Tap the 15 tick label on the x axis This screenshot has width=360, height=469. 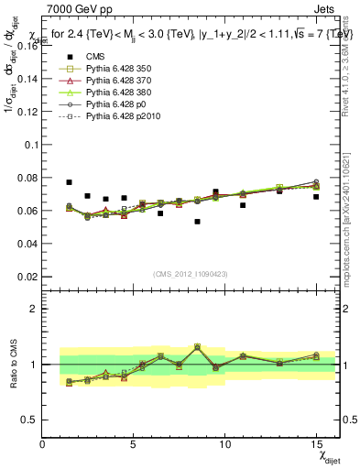[x=315, y=444]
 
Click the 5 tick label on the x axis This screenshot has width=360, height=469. [x=134, y=444]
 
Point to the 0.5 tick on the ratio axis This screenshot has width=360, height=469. [x=29, y=420]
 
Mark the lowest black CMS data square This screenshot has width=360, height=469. [x=197, y=222]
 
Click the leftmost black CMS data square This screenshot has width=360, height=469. [x=69, y=182]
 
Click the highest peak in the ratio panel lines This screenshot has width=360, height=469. [x=197, y=346]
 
